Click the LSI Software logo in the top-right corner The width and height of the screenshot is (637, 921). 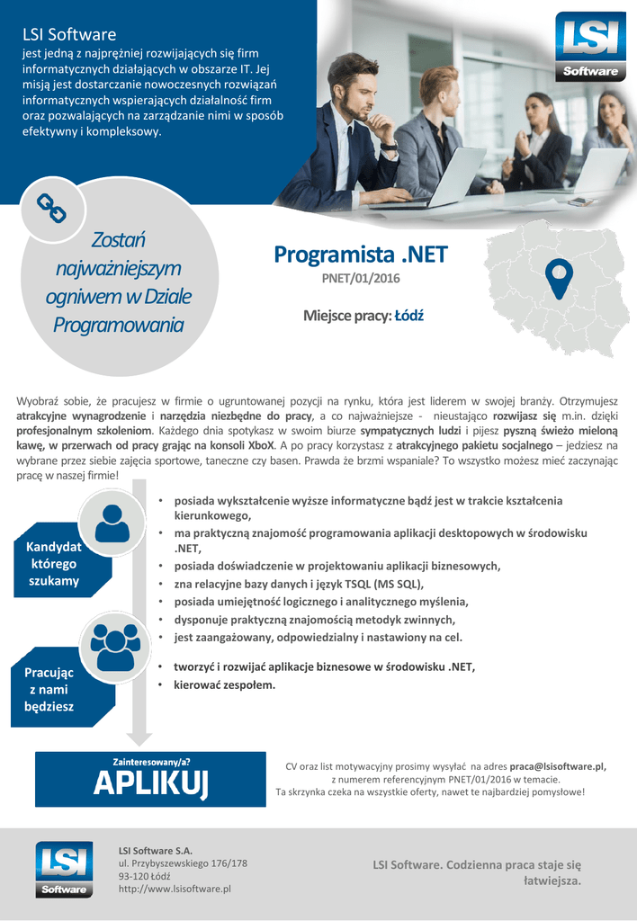pos(590,47)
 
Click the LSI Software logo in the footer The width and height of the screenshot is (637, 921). pos(65,869)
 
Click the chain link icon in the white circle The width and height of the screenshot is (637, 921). pos(51,210)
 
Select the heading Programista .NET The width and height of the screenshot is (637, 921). pos(361,255)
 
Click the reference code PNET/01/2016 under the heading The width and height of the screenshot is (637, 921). pos(361,279)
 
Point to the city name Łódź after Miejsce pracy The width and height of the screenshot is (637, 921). pos(409,316)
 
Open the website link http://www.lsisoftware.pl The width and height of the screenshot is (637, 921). pos(175,889)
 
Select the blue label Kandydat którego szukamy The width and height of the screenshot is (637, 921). pos(53,563)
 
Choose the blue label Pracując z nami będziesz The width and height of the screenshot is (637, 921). pos(49,689)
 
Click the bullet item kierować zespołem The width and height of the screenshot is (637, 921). pos(224,684)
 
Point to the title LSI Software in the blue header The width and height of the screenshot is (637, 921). pos(69,35)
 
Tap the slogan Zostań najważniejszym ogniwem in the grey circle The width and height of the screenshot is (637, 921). pos(119,282)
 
